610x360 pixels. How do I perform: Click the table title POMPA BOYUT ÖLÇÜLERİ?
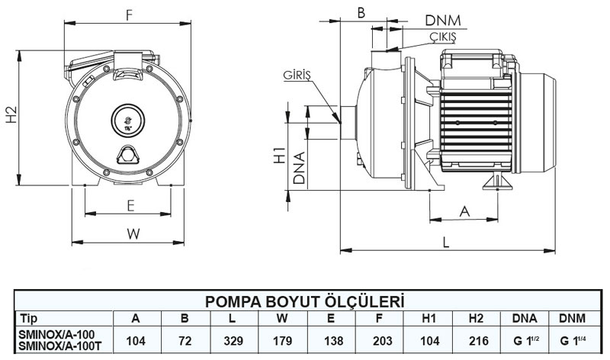(x=304, y=301)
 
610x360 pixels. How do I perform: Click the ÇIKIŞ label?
(x=441, y=36)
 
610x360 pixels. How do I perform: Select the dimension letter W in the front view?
(x=133, y=234)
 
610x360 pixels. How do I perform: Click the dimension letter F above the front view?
(x=130, y=14)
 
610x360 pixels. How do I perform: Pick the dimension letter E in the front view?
(x=130, y=205)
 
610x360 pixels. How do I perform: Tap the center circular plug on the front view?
(x=127, y=119)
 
